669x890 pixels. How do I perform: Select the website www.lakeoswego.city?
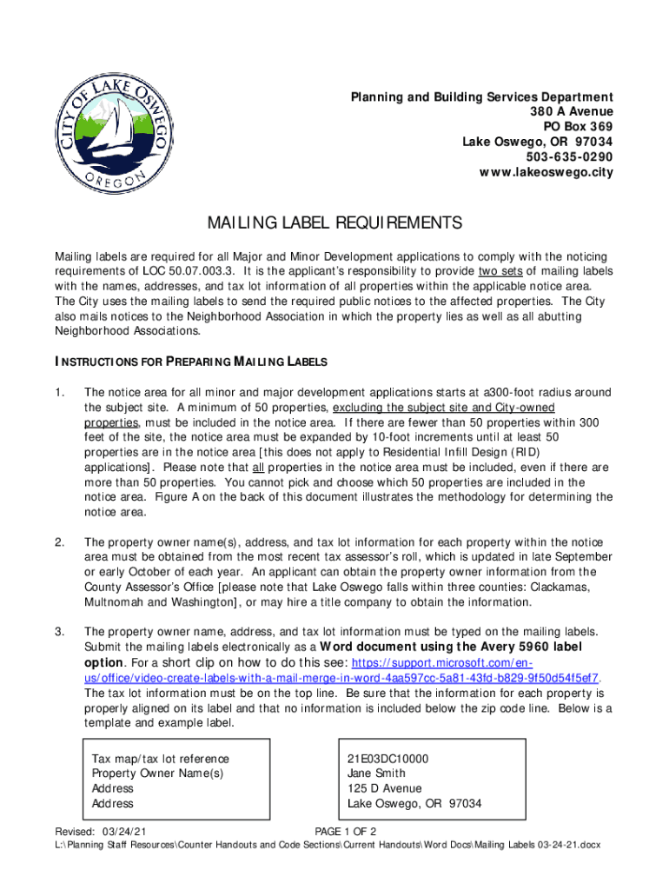(x=546, y=172)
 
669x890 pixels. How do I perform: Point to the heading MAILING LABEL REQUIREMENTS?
(x=334, y=224)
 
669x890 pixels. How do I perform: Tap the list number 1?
(x=59, y=393)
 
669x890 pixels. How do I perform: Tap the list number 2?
(x=59, y=542)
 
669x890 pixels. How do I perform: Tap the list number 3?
(x=59, y=632)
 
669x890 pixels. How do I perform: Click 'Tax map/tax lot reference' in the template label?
(x=161, y=759)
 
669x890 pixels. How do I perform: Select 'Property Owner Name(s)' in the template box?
(x=157, y=774)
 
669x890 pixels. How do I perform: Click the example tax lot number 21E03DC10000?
(x=387, y=759)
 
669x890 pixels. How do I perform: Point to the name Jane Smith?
(x=376, y=774)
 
